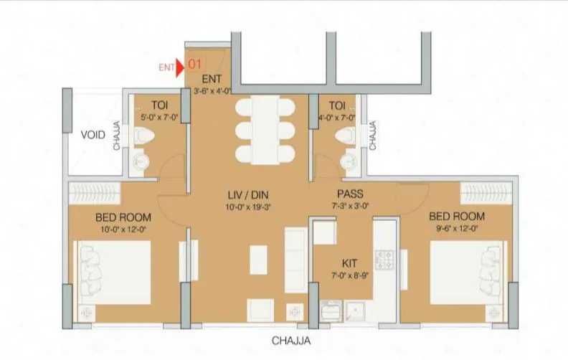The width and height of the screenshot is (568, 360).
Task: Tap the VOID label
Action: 93,135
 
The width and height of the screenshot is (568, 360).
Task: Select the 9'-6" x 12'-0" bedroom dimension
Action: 456,229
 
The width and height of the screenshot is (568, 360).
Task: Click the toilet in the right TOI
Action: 349,135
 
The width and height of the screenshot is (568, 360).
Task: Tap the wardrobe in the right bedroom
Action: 486,191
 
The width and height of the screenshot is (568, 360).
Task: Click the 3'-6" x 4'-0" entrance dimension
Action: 212,91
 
